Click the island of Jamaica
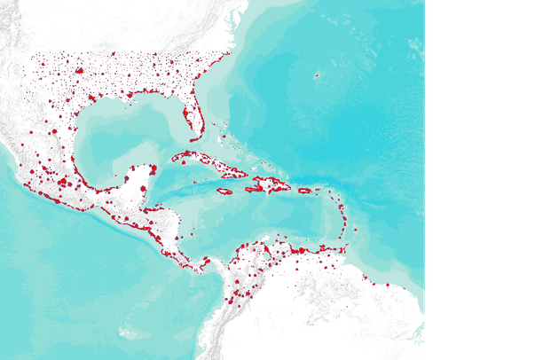click(x=224, y=191)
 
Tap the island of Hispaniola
click(x=269, y=184)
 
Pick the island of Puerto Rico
click(x=304, y=191)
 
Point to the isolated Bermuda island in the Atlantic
click(x=316, y=75)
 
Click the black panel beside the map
click(x=484, y=177)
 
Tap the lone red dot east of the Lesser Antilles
click(x=356, y=230)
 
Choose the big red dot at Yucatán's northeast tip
click(x=153, y=168)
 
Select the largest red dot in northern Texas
click(x=79, y=70)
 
